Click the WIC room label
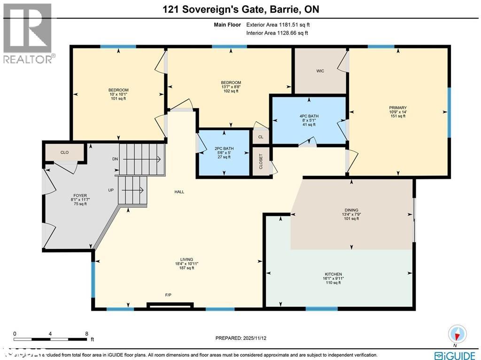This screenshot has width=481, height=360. coord(320,71)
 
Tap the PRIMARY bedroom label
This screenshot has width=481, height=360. coord(397,108)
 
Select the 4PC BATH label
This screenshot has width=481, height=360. coord(308,116)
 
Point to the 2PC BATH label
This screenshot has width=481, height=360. coord(224,149)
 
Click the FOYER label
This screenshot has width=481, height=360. coord(80,196)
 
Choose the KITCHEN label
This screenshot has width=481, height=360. coord(333,274)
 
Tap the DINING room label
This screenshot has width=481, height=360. coord(351,210)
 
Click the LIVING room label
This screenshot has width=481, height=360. coord(186,259)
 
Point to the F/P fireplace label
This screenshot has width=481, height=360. coord(168,295)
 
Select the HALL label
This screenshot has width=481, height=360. coord(179,192)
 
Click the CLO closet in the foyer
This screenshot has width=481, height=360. coord(65,152)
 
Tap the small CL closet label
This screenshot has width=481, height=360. coord(260,137)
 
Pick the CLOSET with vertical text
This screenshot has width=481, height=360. coord(261,162)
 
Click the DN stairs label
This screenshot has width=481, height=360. coord(115,159)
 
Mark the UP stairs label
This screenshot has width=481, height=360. coord(111,190)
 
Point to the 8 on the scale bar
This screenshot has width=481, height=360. coord(86,334)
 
